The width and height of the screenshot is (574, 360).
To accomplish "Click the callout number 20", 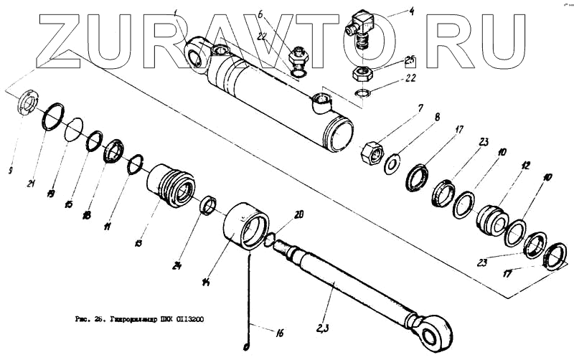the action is [298, 214].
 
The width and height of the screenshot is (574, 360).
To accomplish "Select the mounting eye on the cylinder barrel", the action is [196, 56].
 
